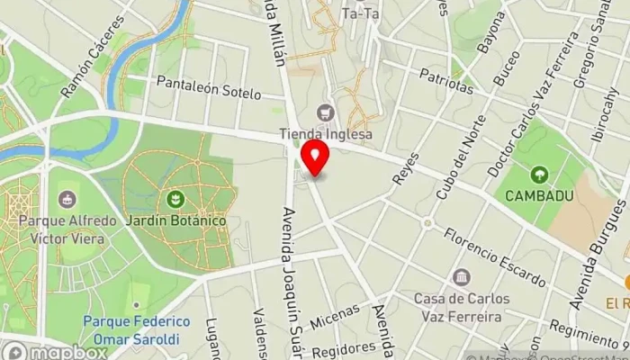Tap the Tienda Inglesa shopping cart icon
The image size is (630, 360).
click(x=325, y=113)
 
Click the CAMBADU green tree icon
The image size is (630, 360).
click(x=539, y=175)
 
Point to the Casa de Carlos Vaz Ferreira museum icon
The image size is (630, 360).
click(x=462, y=277)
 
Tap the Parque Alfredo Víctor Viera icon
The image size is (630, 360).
click(x=66, y=199)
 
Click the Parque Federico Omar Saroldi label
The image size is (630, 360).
click(x=136, y=330)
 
